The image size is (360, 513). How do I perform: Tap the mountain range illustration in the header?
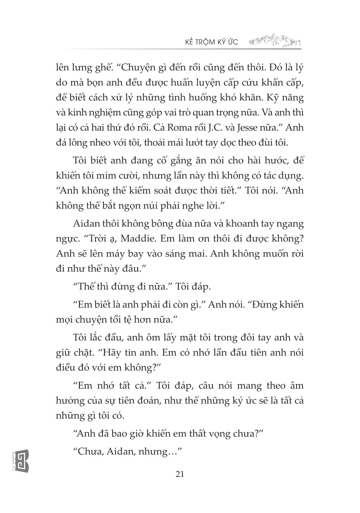[274, 40]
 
